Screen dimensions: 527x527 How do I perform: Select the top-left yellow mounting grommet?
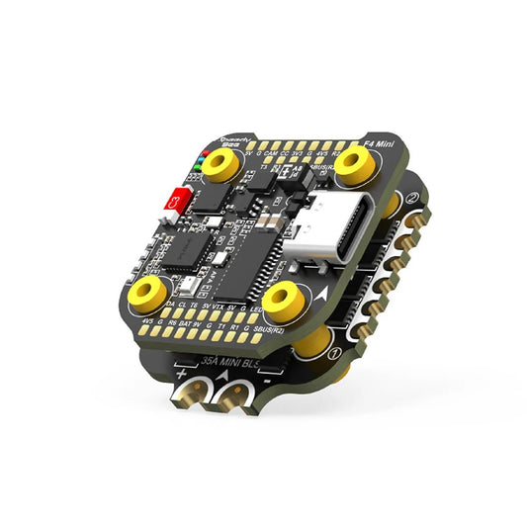click(224, 170)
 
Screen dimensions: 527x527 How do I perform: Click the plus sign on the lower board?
click(182, 375)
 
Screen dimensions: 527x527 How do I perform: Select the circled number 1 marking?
click(335, 349)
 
